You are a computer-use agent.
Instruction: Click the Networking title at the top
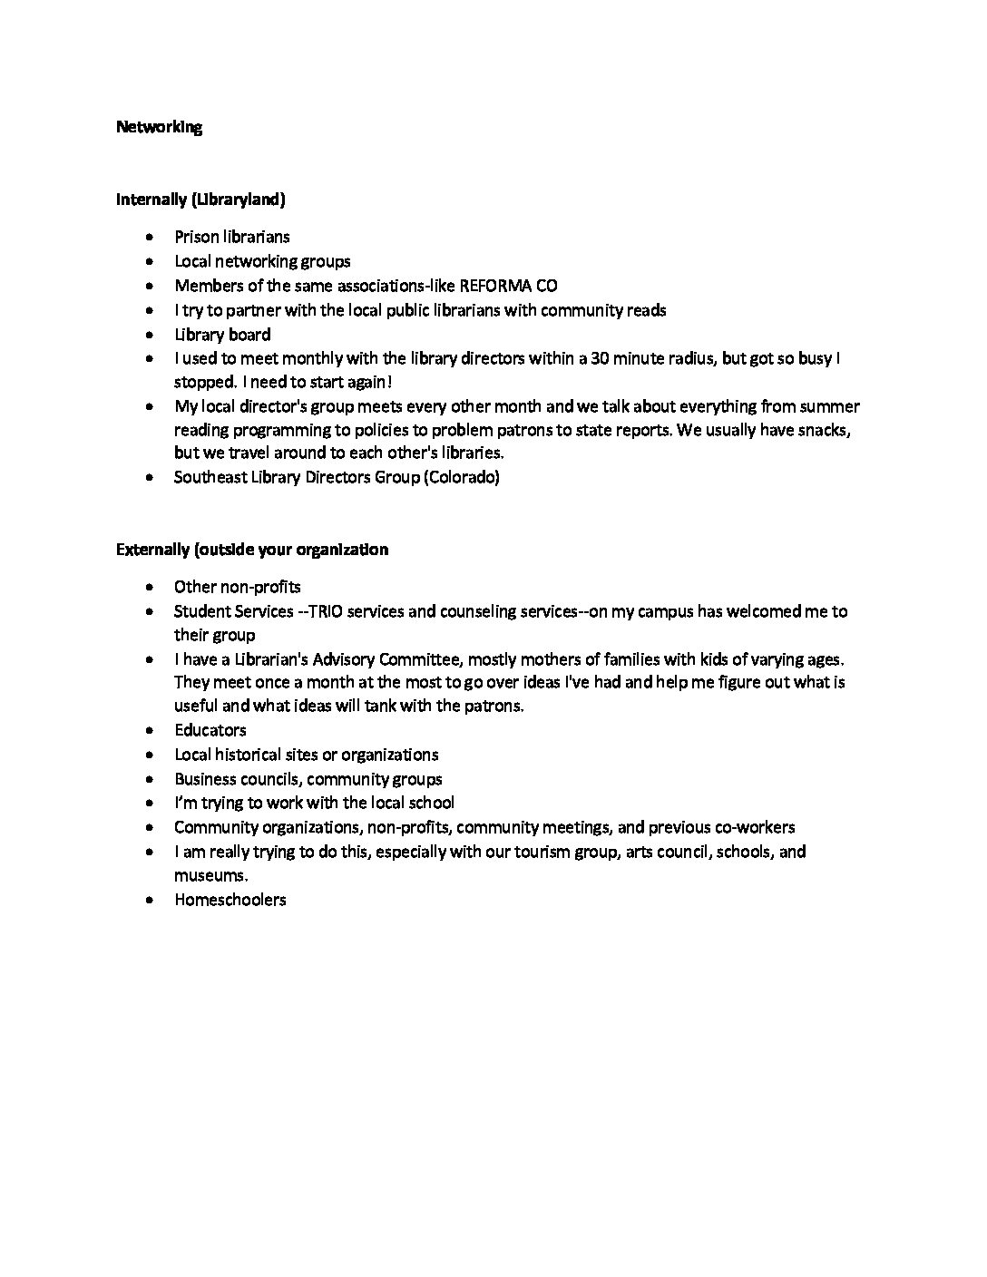[159, 127]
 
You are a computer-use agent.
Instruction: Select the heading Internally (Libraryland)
[200, 199]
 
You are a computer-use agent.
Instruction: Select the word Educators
[210, 730]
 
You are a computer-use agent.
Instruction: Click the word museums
[210, 876]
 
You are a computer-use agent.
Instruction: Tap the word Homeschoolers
[230, 900]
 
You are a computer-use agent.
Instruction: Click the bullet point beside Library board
[149, 335]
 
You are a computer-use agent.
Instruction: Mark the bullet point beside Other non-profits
[149, 588]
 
